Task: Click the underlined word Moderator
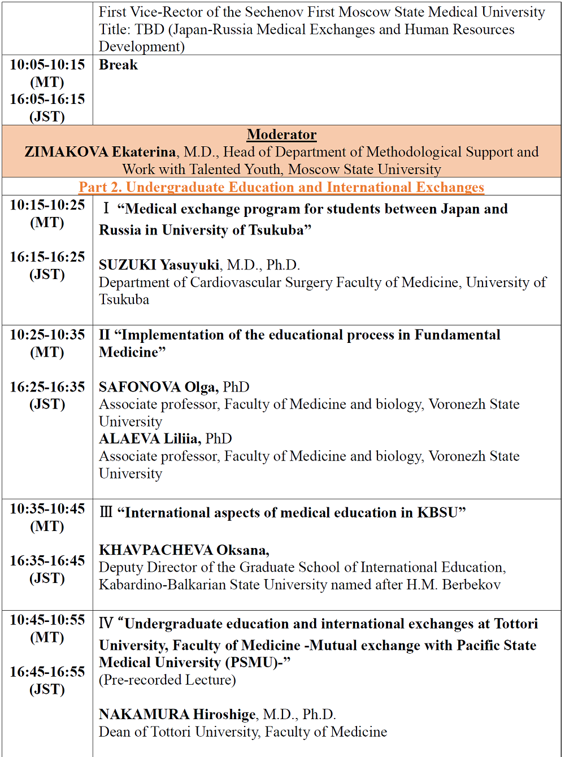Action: [x=281, y=134]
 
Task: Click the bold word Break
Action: [x=118, y=65]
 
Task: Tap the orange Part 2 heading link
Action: [x=281, y=187]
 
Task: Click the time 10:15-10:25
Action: [x=47, y=205]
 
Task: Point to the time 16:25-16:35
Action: [x=47, y=387]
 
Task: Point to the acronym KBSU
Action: [x=438, y=512]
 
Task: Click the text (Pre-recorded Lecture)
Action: [x=167, y=680]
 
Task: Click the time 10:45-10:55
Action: [x=47, y=620]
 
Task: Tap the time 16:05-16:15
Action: [x=47, y=99]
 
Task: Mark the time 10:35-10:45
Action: [x=47, y=509]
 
